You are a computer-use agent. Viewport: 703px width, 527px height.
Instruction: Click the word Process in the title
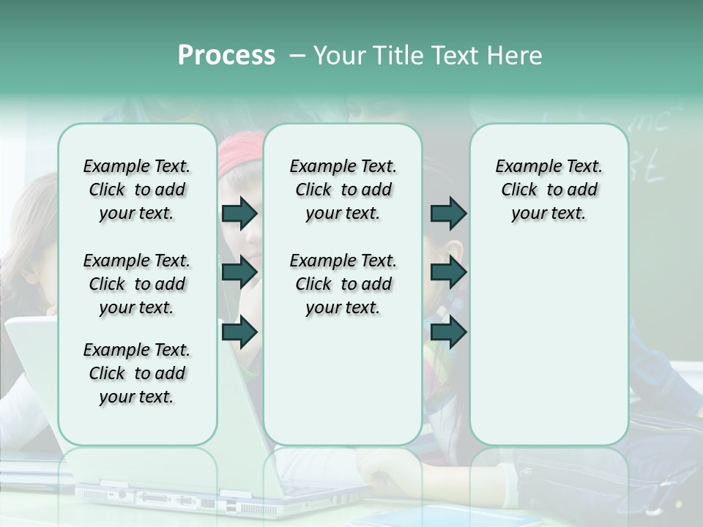[226, 56]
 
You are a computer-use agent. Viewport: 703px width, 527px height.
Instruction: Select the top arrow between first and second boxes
[239, 213]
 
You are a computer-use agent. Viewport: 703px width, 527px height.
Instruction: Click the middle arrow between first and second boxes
[239, 272]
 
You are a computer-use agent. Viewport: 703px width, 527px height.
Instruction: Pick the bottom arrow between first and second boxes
[239, 332]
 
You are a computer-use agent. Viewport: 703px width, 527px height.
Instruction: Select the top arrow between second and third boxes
[448, 213]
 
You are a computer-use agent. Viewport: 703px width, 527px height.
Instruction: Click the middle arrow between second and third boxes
[448, 272]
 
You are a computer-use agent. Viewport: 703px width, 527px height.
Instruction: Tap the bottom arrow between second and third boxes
[448, 332]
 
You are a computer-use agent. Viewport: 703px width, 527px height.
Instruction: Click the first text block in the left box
[137, 190]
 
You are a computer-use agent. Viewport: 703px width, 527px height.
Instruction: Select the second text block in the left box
[137, 284]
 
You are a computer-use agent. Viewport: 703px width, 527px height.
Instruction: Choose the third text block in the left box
[137, 373]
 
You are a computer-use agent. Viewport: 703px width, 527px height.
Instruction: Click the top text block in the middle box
[343, 190]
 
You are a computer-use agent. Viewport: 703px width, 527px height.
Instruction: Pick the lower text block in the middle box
[343, 284]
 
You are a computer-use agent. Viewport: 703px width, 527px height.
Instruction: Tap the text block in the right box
[548, 190]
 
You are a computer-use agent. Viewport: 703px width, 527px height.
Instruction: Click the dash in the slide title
[297, 56]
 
